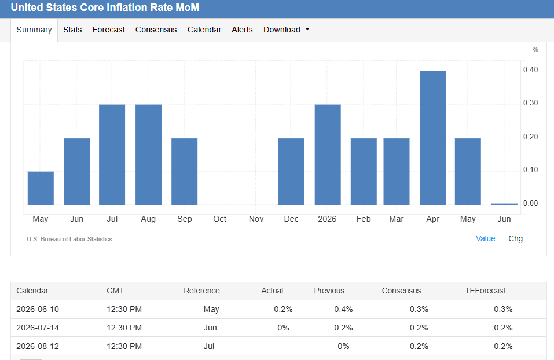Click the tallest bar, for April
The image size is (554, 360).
tap(433, 138)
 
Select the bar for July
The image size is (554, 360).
tap(112, 155)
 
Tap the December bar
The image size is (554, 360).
tap(291, 172)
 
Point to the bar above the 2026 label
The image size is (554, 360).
tap(328, 155)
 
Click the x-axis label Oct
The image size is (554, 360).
tap(219, 219)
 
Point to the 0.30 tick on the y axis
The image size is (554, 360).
tap(530, 103)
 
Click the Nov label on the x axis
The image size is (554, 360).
tap(256, 219)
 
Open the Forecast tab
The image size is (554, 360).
tap(108, 30)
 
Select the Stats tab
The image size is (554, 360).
tap(72, 30)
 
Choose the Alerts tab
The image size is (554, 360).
tap(242, 30)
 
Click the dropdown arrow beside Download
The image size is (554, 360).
tap(307, 30)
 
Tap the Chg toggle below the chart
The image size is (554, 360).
tap(515, 239)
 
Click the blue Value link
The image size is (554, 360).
tap(486, 239)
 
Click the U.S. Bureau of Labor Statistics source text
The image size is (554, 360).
tap(69, 239)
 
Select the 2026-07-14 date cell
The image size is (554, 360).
tap(38, 328)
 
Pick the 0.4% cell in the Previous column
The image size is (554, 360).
tap(343, 310)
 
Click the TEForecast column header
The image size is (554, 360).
tap(485, 291)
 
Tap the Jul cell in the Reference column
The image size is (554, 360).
tap(209, 346)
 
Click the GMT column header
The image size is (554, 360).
tap(115, 291)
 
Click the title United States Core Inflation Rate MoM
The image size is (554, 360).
tap(105, 8)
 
